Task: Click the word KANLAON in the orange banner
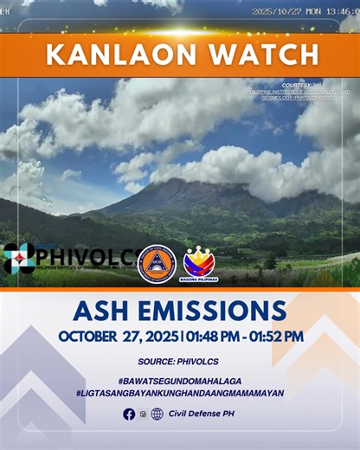111,54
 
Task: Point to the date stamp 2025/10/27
274,11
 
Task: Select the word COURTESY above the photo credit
298,85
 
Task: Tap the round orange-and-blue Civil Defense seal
157,262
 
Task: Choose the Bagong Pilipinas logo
199,263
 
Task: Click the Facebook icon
129,414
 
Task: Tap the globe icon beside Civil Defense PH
157,414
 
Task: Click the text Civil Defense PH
201,414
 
